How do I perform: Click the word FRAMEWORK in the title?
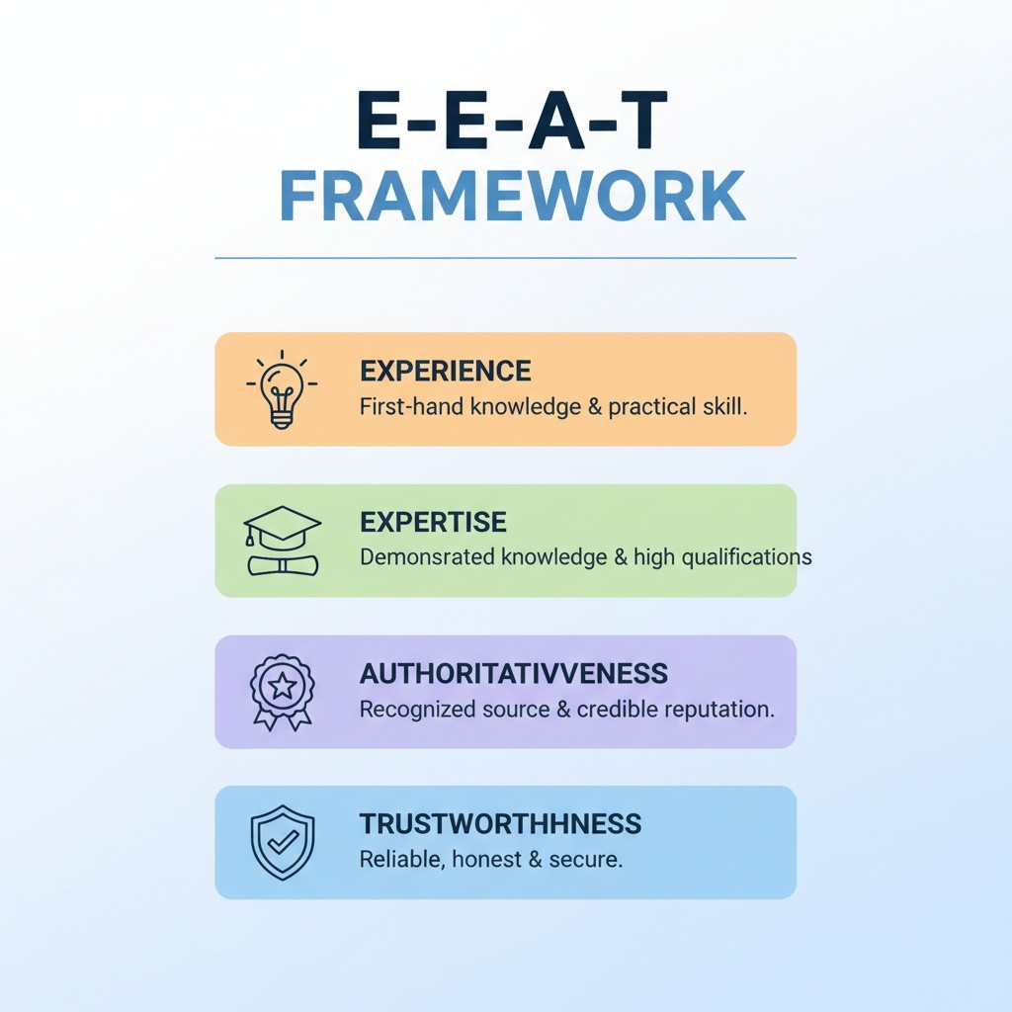click(x=512, y=197)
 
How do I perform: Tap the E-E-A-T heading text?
click(x=512, y=124)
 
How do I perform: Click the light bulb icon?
click(x=282, y=388)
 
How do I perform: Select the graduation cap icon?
click(x=283, y=541)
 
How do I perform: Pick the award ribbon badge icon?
click(x=282, y=691)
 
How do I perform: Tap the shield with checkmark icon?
click(x=283, y=842)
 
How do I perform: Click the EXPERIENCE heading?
click(x=446, y=372)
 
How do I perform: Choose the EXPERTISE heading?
click(x=433, y=522)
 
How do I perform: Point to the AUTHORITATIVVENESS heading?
click(x=514, y=674)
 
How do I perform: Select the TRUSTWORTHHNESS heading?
click(x=500, y=824)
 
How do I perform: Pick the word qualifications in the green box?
click(x=744, y=557)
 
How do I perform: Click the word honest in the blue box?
click(x=485, y=859)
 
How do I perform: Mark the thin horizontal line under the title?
click(x=505, y=259)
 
